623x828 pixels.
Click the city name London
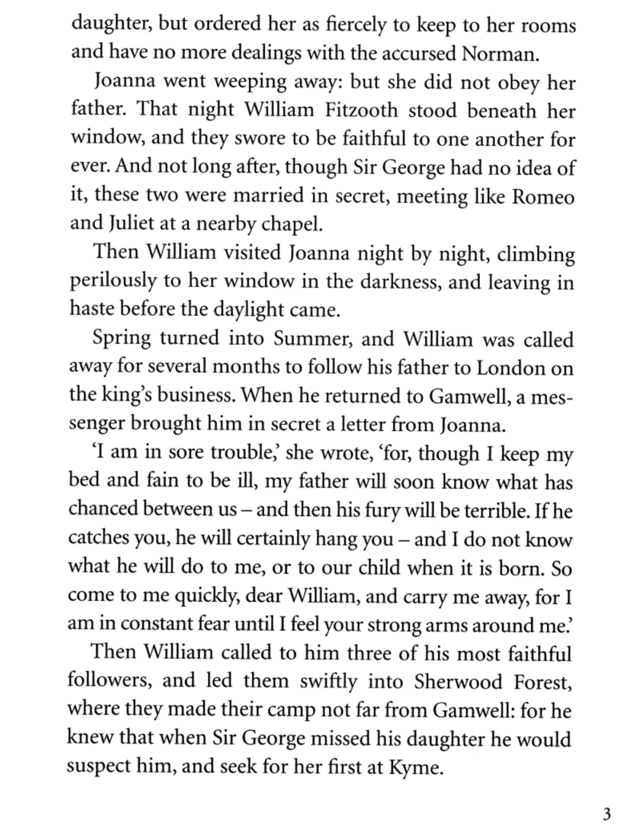[510, 368]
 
